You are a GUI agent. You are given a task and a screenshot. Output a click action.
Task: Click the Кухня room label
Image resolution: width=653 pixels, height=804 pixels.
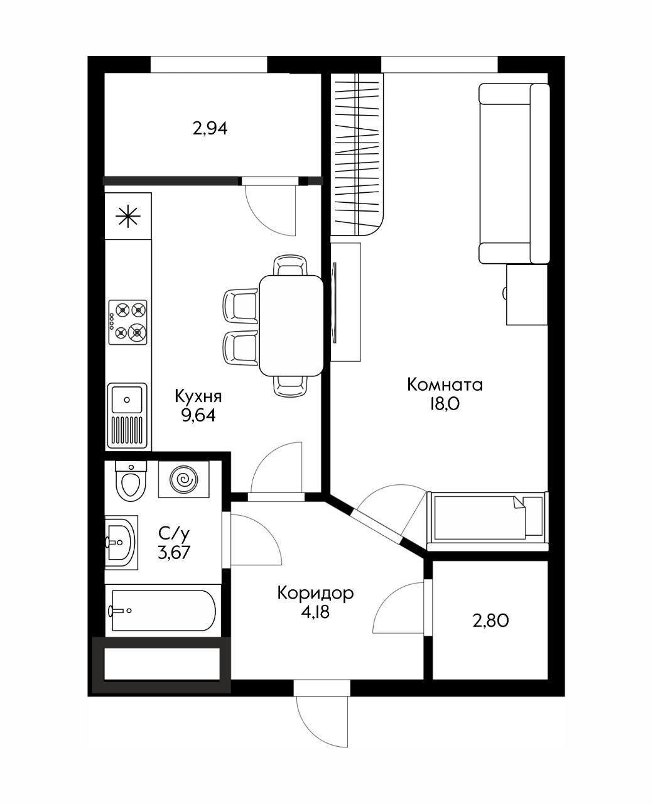(198, 396)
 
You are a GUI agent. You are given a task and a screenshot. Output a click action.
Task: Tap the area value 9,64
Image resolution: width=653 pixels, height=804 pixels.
(198, 415)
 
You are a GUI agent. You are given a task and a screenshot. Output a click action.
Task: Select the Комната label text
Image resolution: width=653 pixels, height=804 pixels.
(445, 384)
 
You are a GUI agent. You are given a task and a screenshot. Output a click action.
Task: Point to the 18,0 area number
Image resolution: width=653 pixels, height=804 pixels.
(445, 404)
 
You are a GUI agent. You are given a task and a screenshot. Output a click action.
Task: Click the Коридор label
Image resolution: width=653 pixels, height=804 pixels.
(315, 592)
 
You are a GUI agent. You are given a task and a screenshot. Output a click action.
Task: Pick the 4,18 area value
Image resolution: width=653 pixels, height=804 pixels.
(315, 612)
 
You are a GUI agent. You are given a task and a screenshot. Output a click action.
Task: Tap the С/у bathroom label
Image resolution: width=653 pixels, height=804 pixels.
(173, 534)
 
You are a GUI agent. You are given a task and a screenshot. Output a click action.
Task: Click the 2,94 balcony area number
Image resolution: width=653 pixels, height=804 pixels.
(210, 129)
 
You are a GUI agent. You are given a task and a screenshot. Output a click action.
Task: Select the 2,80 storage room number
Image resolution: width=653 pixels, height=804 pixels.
(490, 621)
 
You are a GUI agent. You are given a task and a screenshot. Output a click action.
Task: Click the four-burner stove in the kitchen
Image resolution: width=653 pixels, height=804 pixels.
(127, 322)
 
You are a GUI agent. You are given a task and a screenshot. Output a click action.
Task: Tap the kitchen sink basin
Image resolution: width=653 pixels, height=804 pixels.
(127, 399)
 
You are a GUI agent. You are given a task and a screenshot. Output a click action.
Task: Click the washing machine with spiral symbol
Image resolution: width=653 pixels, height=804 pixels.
(184, 480)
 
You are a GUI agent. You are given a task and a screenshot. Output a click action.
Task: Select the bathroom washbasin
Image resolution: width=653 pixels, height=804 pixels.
(121, 542)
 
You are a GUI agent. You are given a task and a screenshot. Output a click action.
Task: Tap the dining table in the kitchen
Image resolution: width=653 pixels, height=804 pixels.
(291, 325)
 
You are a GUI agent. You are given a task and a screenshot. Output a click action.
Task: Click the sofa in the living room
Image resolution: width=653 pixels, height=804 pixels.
(514, 173)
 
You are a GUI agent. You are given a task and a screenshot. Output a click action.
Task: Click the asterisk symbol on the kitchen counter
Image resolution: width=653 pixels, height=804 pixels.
(127, 217)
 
